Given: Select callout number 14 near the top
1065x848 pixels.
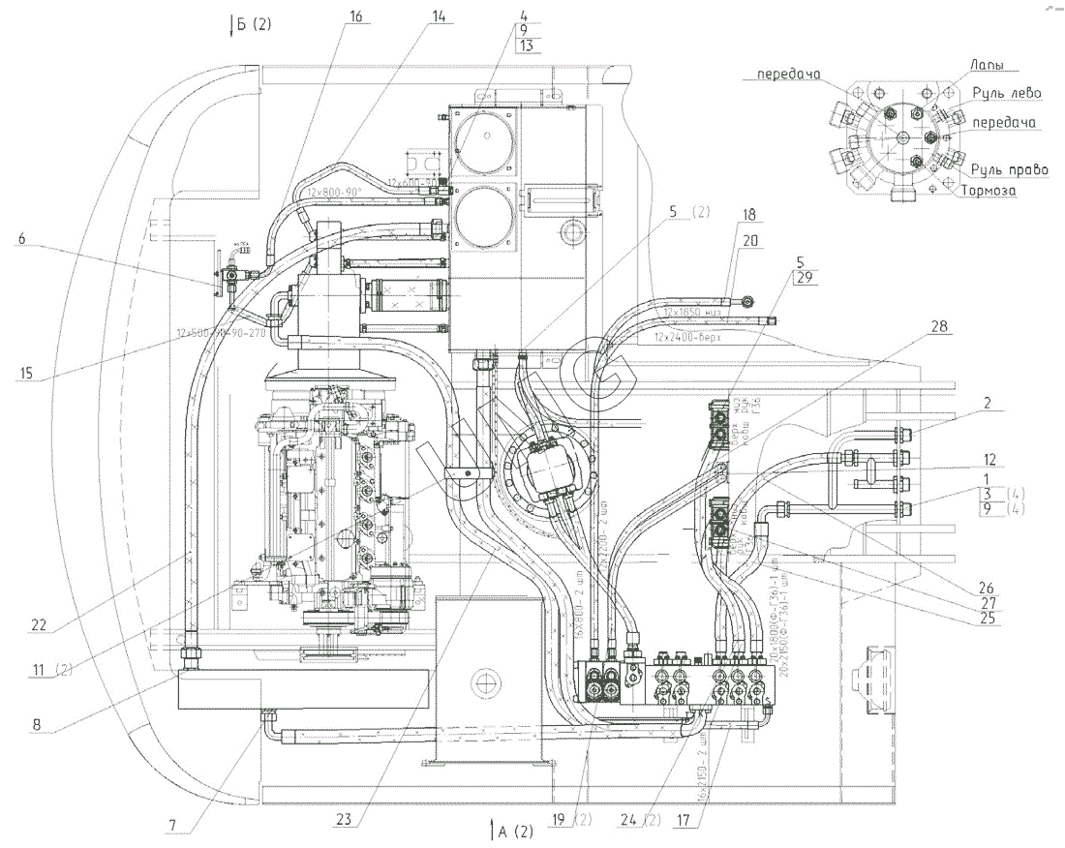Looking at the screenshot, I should (x=441, y=15).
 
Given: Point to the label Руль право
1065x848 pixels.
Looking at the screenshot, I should (x=1012, y=169).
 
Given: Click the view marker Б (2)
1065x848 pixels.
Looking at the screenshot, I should (x=251, y=24).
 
